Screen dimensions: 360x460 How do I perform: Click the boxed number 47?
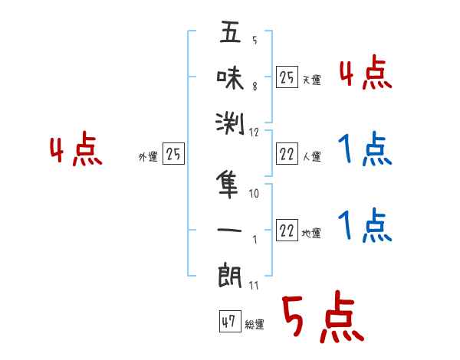pos(228,322)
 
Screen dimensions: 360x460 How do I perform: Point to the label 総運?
pos(254,325)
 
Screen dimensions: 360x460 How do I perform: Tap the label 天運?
pos(311,80)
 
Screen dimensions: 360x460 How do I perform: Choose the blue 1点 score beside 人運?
pos(365,150)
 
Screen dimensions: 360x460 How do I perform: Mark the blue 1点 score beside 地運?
pos(365,226)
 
